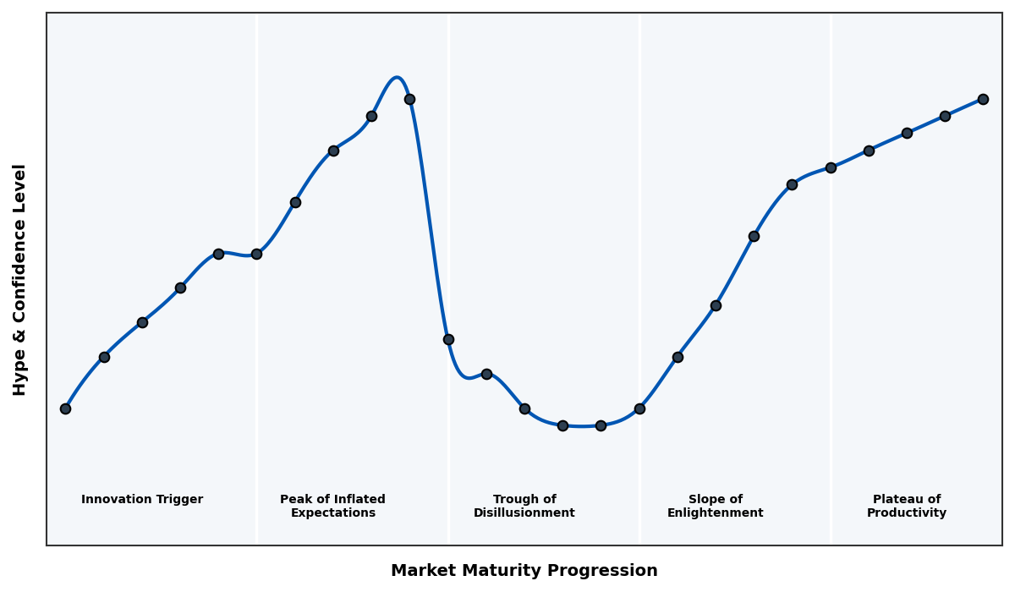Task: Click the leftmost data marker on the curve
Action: click(65, 408)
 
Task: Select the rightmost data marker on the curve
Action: click(983, 99)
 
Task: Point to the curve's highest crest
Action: click(396, 78)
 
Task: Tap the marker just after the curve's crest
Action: click(409, 99)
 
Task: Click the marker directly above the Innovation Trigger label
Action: click(142, 322)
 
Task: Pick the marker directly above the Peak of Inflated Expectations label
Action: click(333, 151)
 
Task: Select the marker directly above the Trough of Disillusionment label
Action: click(524, 408)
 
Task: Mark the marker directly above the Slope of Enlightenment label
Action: click(716, 305)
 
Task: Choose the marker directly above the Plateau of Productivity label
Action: click(907, 133)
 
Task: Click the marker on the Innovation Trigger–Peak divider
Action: click(256, 254)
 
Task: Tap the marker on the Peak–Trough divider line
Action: click(448, 339)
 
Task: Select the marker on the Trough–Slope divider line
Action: click(639, 408)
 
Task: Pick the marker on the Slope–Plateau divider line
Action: click(831, 167)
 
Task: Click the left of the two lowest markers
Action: click(562, 425)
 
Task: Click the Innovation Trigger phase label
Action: click(142, 500)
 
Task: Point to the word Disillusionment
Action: click(524, 513)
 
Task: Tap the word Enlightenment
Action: click(716, 513)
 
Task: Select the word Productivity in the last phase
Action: click(907, 513)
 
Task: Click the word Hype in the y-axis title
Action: click(20, 375)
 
